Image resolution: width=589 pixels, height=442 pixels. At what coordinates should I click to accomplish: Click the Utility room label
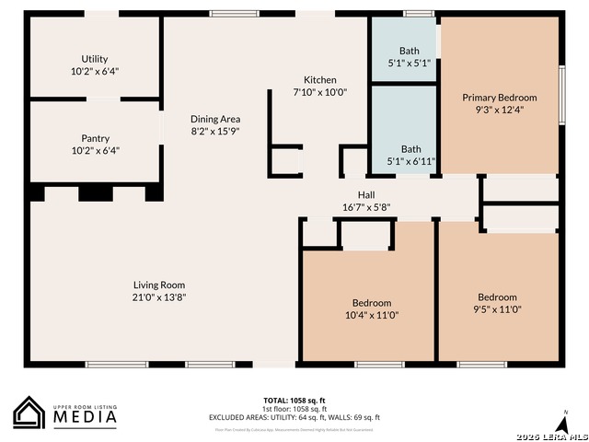[94, 59]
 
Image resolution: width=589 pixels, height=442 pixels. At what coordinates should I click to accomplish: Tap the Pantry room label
[96, 138]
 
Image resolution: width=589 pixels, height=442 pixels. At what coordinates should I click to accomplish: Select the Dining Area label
[215, 119]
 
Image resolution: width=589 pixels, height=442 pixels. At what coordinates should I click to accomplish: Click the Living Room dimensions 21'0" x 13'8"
[159, 297]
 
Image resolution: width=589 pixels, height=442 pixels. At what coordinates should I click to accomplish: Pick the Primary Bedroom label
[499, 98]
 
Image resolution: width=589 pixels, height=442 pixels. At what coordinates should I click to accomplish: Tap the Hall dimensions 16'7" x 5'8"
[366, 207]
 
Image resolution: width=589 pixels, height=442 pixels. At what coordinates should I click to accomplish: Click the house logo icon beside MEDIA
[29, 413]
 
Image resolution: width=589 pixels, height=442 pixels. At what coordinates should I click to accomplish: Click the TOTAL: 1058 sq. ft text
[294, 401]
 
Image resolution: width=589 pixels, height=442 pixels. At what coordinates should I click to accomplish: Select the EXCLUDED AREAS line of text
[294, 417]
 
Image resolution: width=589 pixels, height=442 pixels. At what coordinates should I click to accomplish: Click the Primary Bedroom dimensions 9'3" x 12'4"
[499, 110]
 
